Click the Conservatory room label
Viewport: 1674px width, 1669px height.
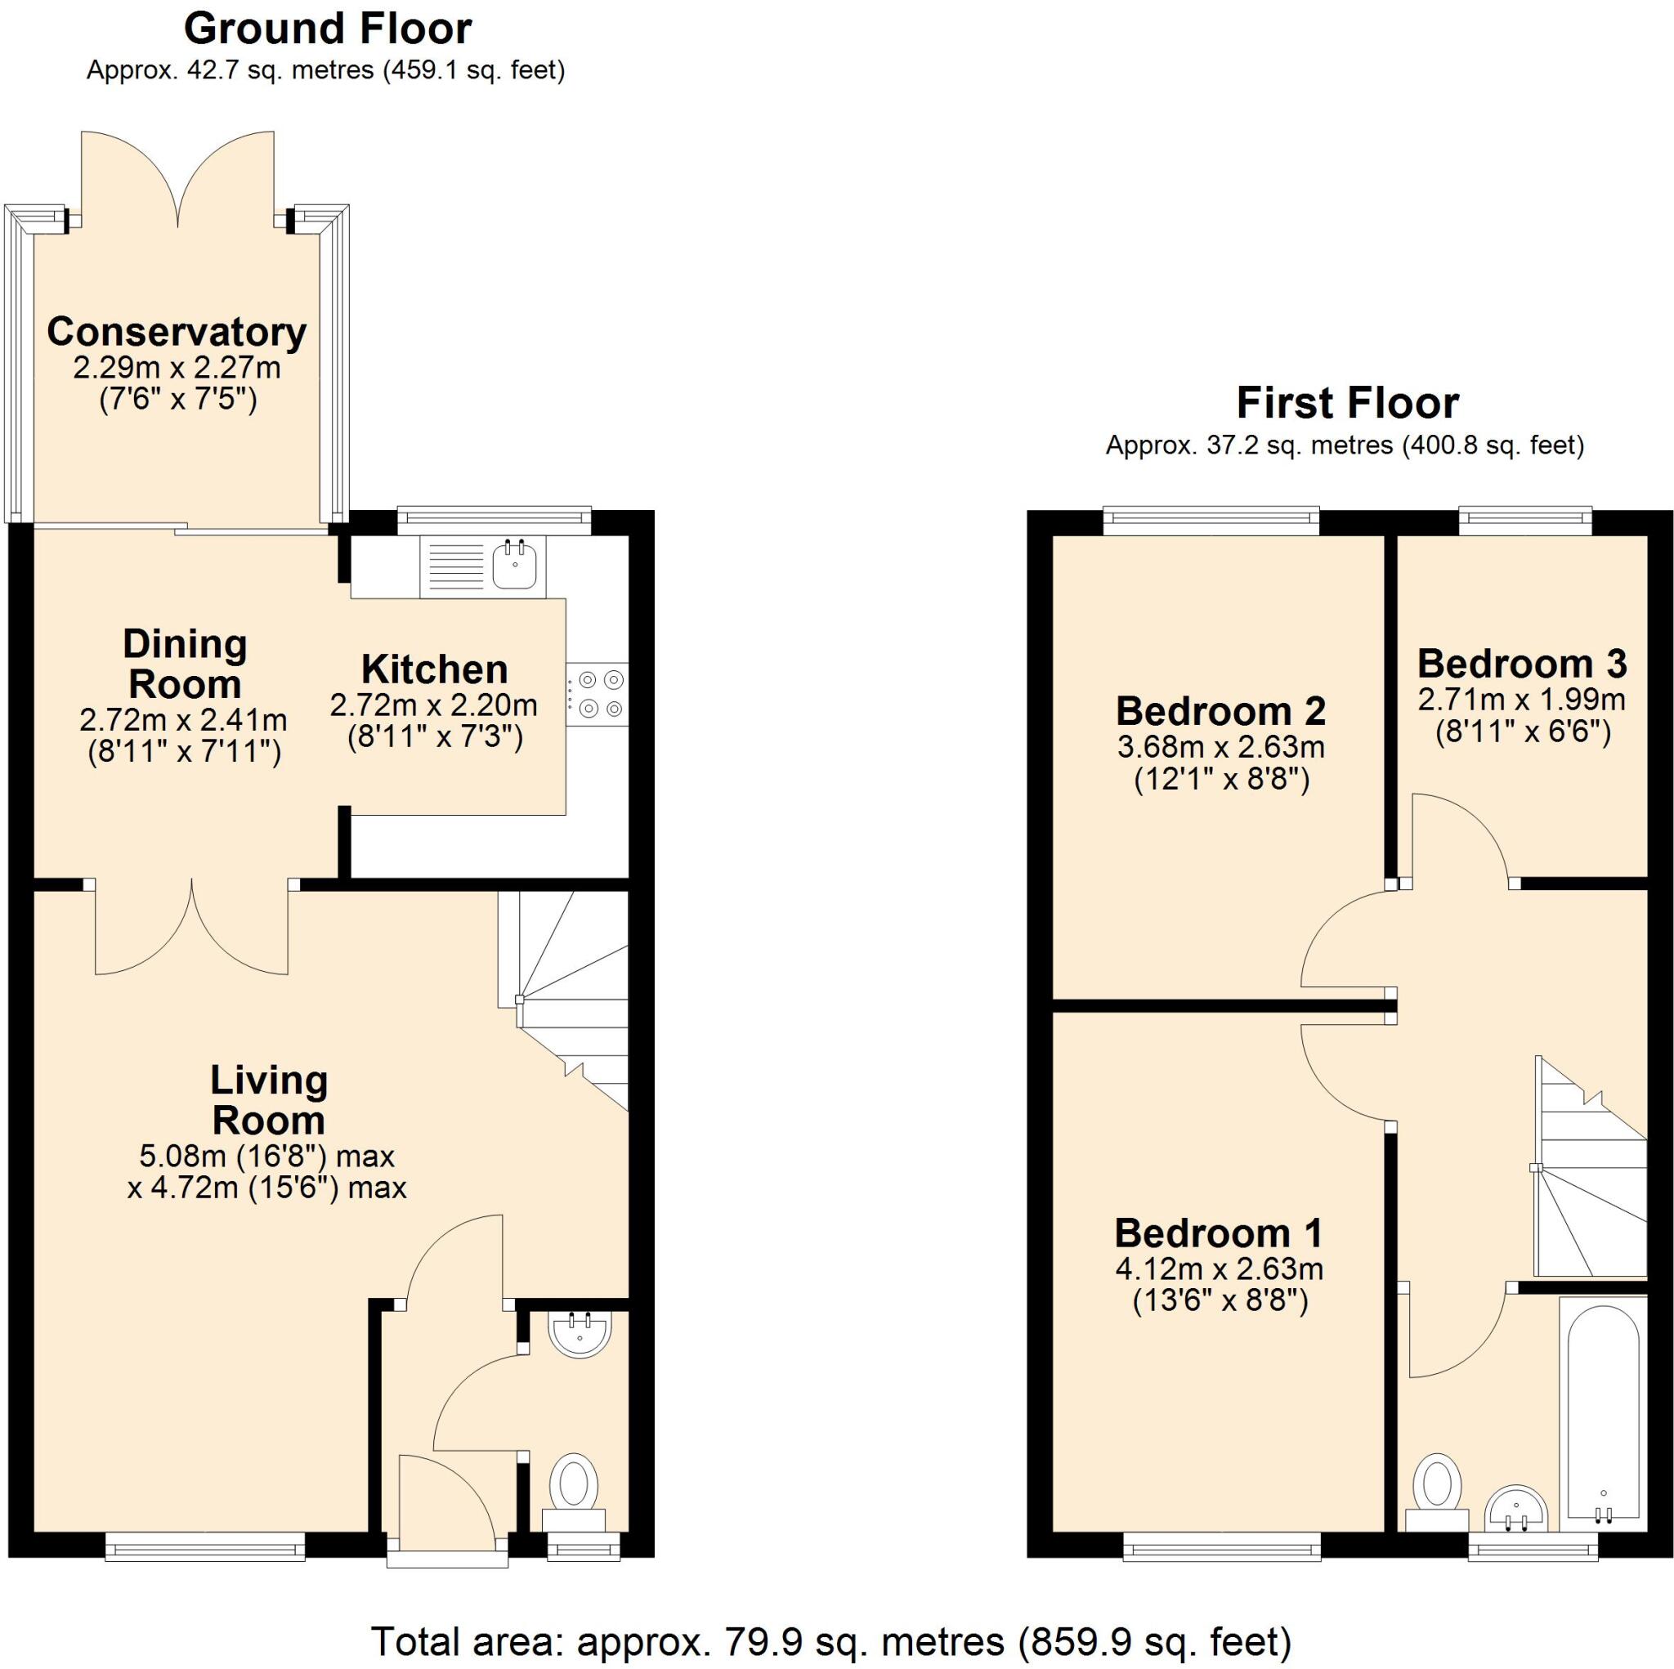point(177,332)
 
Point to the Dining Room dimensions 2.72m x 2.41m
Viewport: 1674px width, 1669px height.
point(183,719)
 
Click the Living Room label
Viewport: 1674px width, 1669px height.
point(269,1099)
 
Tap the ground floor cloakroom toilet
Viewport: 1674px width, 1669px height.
point(574,1484)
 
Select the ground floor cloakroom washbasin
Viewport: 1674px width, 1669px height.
point(580,1335)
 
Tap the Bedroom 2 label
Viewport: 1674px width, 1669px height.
point(1220,710)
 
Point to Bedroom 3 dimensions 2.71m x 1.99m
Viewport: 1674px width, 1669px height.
point(1521,700)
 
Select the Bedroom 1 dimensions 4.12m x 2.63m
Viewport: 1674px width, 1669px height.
point(1219,1269)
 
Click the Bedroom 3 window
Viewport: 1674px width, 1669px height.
point(1525,520)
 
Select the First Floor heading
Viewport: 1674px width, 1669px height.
point(1347,403)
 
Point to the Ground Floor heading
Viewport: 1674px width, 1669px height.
point(328,29)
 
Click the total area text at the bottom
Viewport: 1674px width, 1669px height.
point(831,1640)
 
